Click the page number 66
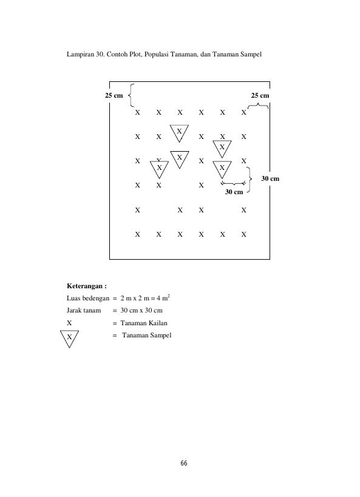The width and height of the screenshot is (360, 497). coord(184,463)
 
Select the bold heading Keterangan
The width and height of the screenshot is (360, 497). coord(87,286)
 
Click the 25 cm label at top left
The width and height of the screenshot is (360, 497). coord(114,95)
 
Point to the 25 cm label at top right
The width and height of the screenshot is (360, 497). coord(260,95)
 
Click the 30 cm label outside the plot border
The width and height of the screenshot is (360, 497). coord(270,178)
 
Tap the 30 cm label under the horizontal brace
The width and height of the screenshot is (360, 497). coord(234,192)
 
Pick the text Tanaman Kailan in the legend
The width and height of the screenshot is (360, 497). coord(144,323)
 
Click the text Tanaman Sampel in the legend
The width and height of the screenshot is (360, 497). coord(147,335)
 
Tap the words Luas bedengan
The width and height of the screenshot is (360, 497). coord(88,299)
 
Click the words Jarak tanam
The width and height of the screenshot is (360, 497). coord(84,310)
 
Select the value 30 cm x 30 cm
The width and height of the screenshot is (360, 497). coord(141,310)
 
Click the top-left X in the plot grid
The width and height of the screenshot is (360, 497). coord(137,112)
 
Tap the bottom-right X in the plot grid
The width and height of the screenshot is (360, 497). coord(243,235)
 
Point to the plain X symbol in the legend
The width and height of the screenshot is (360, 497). coord(69,323)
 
